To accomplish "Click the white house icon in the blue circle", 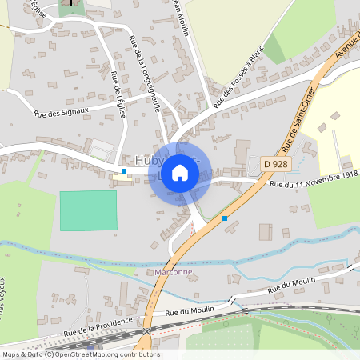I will point(180,173).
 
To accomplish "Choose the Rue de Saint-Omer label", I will point(300,120).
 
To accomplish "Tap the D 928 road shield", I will point(276,164).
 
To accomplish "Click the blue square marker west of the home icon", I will point(124,170).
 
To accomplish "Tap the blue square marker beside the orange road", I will point(225,218).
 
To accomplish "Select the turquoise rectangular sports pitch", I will point(88,210).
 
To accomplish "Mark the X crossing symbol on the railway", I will point(147,330).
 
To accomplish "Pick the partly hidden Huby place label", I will point(149,159).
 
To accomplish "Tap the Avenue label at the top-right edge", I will point(347,48).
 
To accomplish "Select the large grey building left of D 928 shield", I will point(242,151).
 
